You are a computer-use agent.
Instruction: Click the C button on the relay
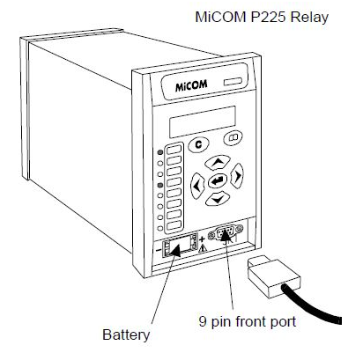coord(198,144)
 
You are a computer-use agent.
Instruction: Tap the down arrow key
coord(218,199)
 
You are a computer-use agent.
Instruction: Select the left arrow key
coord(197,186)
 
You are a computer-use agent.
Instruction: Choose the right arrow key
coord(237,175)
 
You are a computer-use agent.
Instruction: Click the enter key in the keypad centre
coord(218,181)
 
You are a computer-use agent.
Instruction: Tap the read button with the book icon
coord(233,137)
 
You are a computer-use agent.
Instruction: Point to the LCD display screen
coord(203,121)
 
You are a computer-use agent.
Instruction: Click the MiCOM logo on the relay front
coord(191,85)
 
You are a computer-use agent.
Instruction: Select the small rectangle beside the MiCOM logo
coord(233,82)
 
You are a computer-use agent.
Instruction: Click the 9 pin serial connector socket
coord(226,233)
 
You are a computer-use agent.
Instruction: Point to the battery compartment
coord(181,245)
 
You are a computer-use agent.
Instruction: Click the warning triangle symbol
coord(203,249)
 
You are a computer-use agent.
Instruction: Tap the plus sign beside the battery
coord(202,239)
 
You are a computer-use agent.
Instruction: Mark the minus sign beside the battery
coord(159,251)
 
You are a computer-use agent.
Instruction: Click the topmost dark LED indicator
coord(160,152)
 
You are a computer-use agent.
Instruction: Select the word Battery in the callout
coord(126,334)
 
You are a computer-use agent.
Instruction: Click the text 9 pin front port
coord(248,321)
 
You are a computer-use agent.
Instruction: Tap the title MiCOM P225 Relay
coord(262,17)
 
